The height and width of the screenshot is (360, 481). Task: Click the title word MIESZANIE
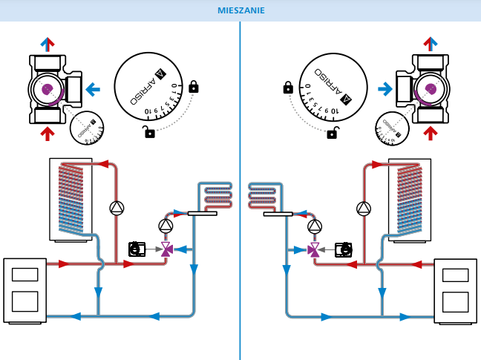click(240, 10)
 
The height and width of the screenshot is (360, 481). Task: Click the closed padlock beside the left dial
click(194, 87)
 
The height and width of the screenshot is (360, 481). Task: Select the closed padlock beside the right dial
click(288, 88)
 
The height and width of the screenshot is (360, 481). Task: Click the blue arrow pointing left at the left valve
click(93, 90)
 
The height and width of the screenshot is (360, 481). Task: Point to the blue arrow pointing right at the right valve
click(385, 90)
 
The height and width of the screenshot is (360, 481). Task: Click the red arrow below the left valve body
click(48, 134)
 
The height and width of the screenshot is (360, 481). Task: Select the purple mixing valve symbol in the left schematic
click(166, 250)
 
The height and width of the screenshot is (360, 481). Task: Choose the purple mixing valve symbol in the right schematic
click(315, 250)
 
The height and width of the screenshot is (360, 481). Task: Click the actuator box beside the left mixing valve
click(137, 249)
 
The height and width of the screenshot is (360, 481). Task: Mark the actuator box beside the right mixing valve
click(344, 249)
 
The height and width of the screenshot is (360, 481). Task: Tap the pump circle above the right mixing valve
click(315, 226)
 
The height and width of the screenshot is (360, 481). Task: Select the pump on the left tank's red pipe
click(117, 208)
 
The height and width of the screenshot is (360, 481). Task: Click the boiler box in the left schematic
click(24, 289)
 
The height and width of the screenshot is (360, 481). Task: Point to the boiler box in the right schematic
click(455, 289)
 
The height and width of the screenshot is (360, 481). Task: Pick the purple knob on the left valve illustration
click(48, 89)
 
